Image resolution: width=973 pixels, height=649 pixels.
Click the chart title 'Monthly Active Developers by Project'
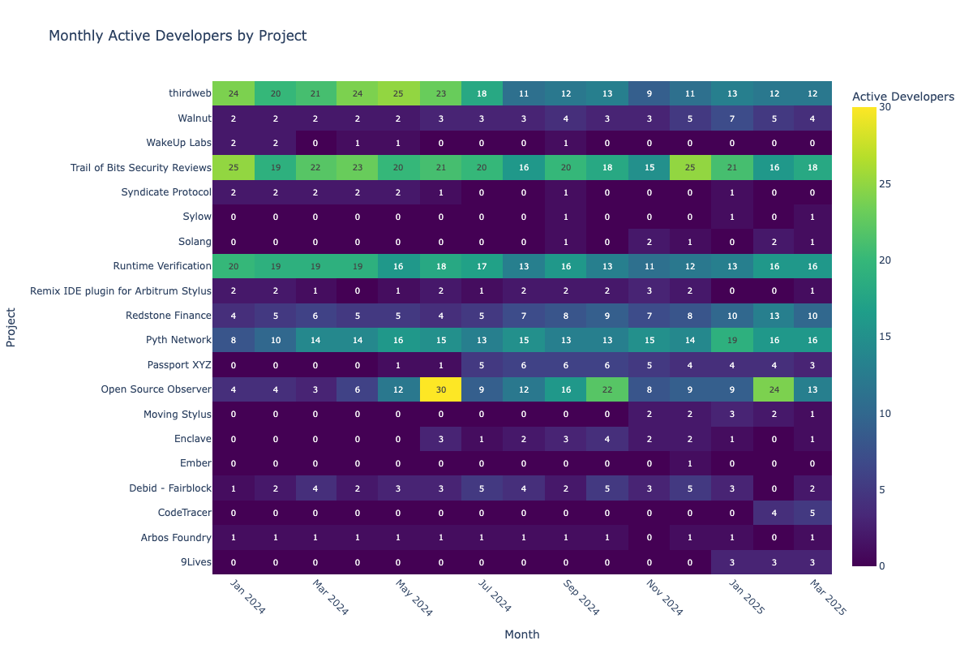[x=178, y=36]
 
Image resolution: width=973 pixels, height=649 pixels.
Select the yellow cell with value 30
[x=441, y=389]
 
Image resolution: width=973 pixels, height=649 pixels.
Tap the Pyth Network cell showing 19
[x=731, y=340]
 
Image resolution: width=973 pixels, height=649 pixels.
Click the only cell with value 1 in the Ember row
[x=690, y=463]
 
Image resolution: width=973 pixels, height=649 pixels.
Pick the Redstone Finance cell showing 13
[x=773, y=316]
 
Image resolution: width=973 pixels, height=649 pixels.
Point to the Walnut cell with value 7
[x=731, y=118]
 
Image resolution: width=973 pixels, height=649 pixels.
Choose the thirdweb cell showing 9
[x=649, y=94]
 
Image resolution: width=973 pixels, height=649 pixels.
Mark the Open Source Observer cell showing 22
[x=607, y=389]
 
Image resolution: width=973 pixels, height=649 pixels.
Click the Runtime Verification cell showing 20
[x=234, y=266]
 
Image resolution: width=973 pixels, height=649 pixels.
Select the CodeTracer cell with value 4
[x=773, y=513]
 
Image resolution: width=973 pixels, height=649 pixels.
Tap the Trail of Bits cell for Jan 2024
[x=234, y=168]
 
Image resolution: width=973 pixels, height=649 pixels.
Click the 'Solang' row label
[x=194, y=242]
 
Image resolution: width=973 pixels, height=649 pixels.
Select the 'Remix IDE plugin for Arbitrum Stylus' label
[x=120, y=291]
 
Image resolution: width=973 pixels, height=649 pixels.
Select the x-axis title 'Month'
[x=521, y=634]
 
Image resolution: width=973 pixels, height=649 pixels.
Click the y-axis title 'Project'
[x=11, y=328]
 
